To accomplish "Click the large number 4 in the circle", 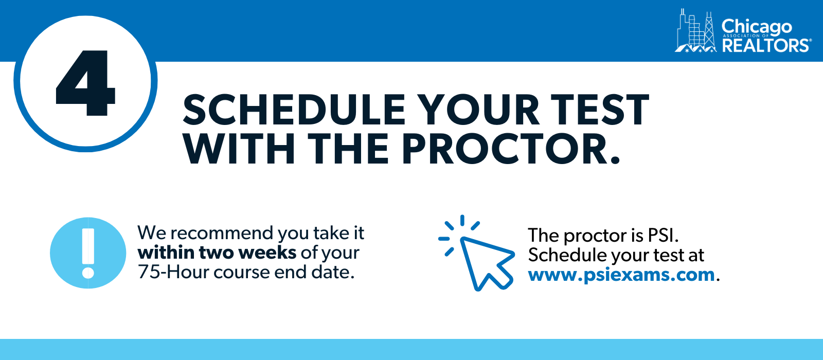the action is click(x=85, y=83).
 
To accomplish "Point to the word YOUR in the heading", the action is click(x=478, y=110).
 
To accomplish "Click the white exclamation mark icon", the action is click(x=88, y=253).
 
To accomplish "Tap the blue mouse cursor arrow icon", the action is click(x=476, y=253).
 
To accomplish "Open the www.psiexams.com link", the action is click(x=621, y=275).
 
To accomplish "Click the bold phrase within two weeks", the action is click(x=217, y=253).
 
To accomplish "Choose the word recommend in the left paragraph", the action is click(x=223, y=233).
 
